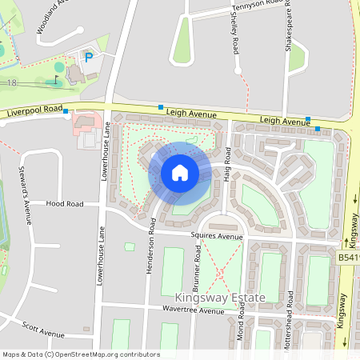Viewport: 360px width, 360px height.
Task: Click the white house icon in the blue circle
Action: [x=180, y=172]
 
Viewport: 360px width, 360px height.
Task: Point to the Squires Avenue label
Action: [x=216, y=237]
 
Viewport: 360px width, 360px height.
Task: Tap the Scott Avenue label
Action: [x=43, y=329]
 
